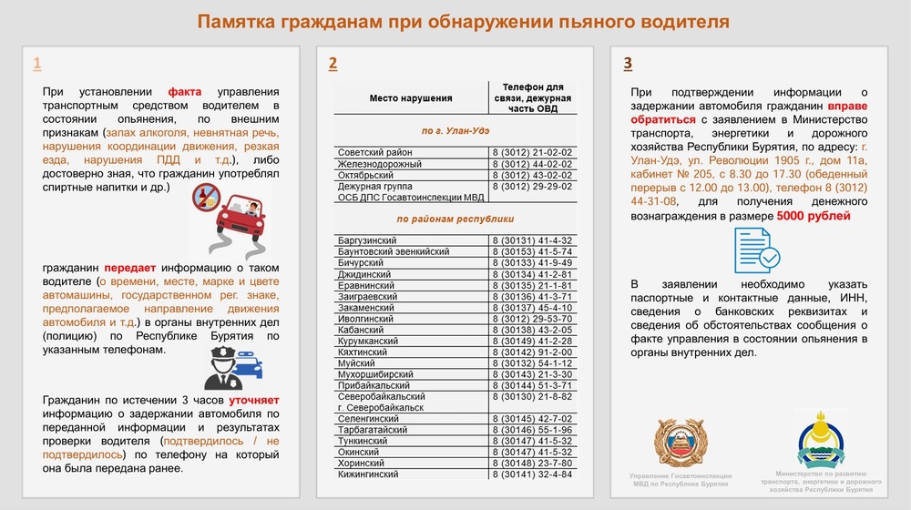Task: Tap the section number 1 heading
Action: tap(36, 64)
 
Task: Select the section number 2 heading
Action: tap(333, 64)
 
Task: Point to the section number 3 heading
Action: tap(628, 64)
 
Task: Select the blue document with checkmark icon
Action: tap(756, 250)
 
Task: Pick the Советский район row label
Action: tap(374, 152)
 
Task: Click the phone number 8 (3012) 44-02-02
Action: tap(531, 164)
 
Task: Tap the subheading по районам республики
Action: tap(455, 219)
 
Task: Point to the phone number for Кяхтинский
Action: tap(531, 352)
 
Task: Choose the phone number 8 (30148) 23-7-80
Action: tap(531, 464)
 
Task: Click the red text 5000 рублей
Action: tap(814, 217)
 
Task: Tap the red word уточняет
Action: tap(253, 400)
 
